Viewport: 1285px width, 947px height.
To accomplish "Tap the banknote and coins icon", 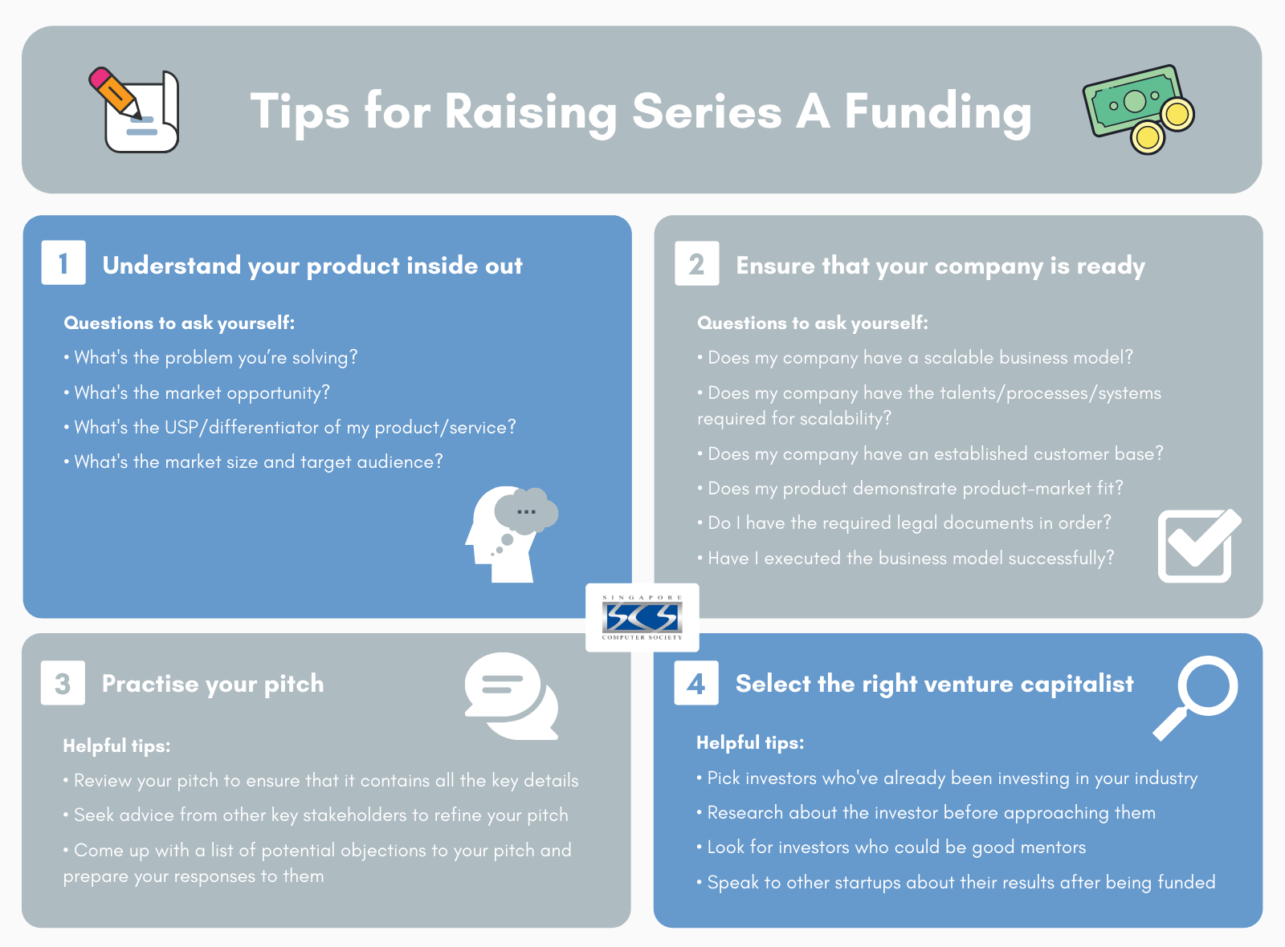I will (1137, 109).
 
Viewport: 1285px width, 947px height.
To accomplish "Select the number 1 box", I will (63, 263).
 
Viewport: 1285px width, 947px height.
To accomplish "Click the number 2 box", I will (696, 263).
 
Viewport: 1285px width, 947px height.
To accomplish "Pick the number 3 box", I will (63, 683).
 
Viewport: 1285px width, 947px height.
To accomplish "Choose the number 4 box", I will (696, 683).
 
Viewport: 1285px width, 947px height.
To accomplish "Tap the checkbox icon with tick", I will (1197, 546).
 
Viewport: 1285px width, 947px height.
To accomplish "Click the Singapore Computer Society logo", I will (642, 617).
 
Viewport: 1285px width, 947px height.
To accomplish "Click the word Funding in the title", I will (937, 112).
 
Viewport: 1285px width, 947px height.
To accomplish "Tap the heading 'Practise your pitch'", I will (213, 684).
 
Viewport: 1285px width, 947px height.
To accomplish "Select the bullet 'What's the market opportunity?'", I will (202, 392).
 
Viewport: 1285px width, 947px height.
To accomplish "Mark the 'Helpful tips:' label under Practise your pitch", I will (116, 746).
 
